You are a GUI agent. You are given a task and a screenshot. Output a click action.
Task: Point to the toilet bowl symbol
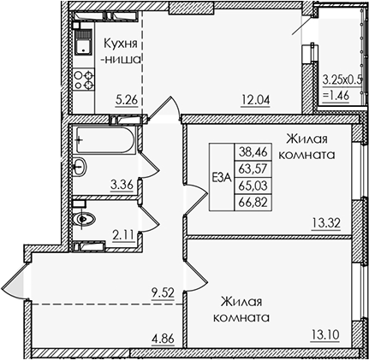86,217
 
